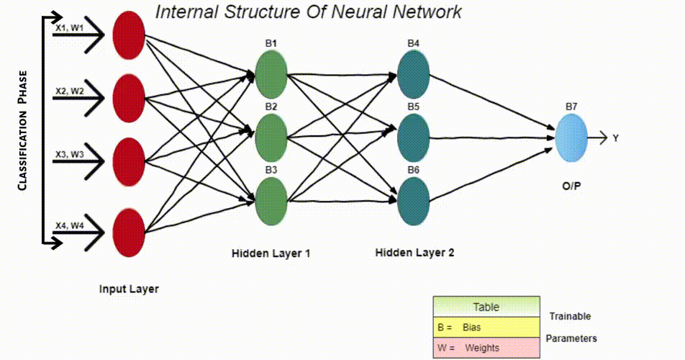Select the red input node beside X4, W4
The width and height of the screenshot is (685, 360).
pos(130,231)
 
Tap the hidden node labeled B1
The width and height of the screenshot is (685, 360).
pos(271,73)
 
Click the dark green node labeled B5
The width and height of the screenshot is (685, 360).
pos(413,133)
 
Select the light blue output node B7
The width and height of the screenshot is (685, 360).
pos(571,137)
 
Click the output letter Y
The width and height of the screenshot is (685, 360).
pos(616,138)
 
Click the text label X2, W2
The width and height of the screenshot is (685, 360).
pos(70,91)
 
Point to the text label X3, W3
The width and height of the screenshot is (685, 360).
pos(70,153)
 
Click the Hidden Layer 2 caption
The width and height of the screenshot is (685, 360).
pos(414,253)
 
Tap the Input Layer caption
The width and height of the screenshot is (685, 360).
pos(129,289)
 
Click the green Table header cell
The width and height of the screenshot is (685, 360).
pos(486,307)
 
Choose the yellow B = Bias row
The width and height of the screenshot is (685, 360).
pos(486,328)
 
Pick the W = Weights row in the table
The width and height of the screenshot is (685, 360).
pos(486,348)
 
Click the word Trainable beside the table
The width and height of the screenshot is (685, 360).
pos(570,316)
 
